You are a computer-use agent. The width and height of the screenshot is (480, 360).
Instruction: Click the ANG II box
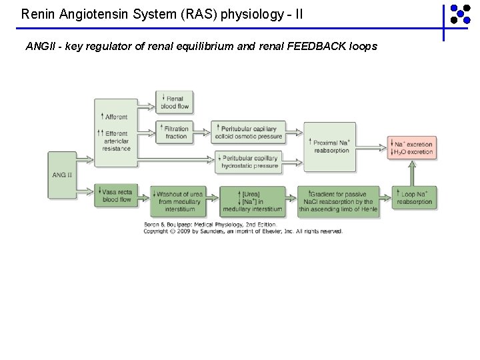[x=62, y=175]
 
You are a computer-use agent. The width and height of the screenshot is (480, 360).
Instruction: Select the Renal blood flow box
[x=175, y=102]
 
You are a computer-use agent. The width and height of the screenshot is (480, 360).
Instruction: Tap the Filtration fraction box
[x=175, y=132]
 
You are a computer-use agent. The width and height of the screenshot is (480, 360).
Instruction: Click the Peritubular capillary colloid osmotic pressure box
[x=248, y=132]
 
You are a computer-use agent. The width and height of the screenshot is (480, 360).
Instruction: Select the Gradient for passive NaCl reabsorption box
[x=337, y=201]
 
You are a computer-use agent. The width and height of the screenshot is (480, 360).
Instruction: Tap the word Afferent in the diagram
[x=116, y=117]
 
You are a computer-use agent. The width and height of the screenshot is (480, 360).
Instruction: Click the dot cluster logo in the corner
[x=459, y=14]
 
